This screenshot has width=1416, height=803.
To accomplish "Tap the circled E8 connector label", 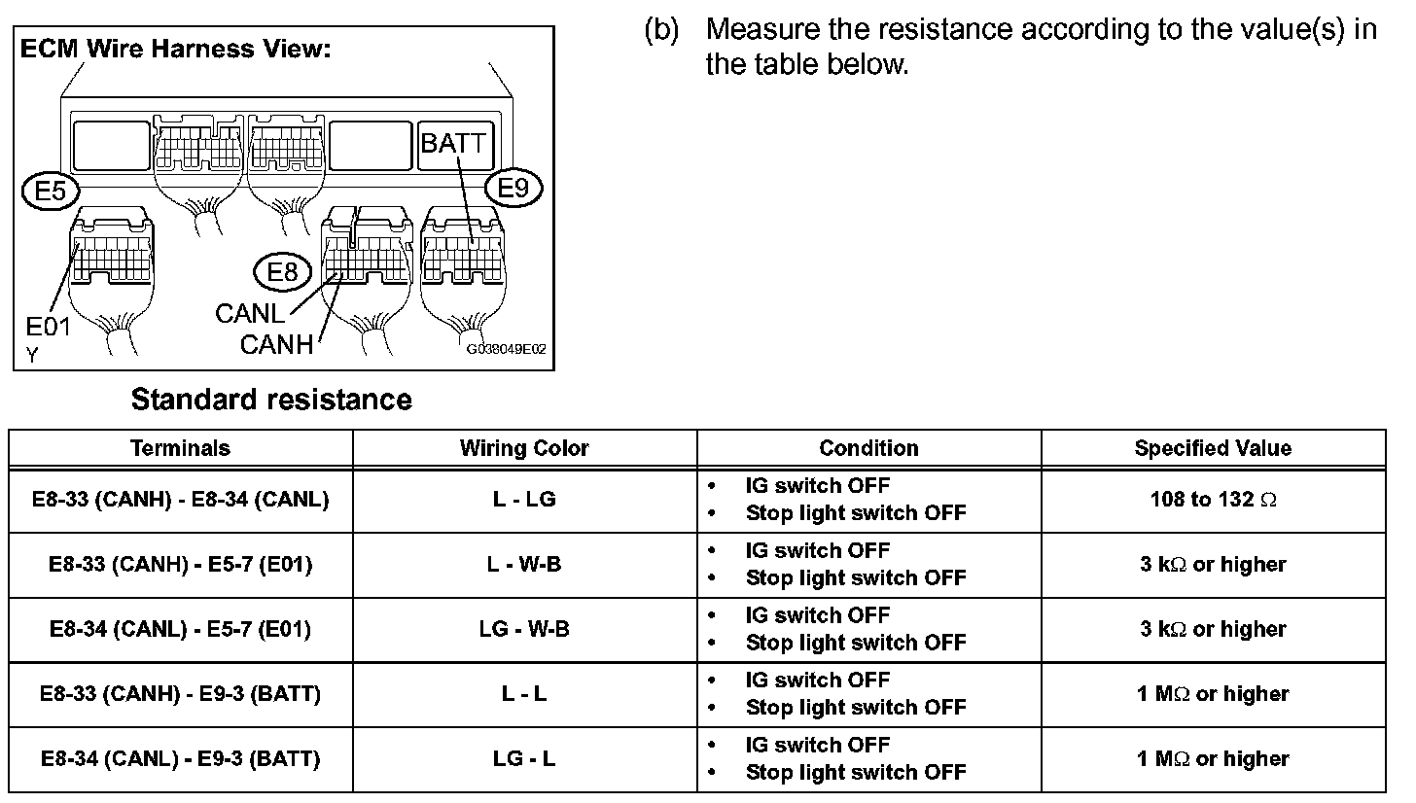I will pyautogui.click(x=282, y=272).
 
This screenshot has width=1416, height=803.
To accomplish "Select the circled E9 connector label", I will pyautogui.click(x=513, y=188).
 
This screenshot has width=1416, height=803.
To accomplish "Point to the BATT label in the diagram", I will pyautogui.click(x=453, y=144).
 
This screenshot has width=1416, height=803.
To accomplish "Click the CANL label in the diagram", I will pyautogui.click(x=250, y=314).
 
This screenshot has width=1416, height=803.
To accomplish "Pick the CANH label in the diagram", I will pyautogui.click(x=277, y=344).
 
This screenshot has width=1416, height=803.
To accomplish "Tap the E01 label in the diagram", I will pyautogui.click(x=48, y=327).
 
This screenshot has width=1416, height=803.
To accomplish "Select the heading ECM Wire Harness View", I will pyautogui.click(x=175, y=50).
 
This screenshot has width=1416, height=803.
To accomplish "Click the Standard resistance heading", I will pyautogui.click(x=271, y=400).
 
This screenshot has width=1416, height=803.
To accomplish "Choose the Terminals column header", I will pyautogui.click(x=181, y=448).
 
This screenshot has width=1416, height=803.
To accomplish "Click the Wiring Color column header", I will pyautogui.click(x=524, y=448).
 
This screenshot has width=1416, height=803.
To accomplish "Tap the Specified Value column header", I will pyautogui.click(x=1213, y=448).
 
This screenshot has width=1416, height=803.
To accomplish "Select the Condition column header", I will pyautogui.click(x=868, y=448).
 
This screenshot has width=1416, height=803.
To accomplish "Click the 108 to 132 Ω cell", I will pyautogui.click(x=1213, y=500).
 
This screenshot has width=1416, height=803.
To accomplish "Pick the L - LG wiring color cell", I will pyautogui.click(x=524, y=500).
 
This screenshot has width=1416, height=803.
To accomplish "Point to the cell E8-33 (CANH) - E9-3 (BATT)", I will pyautogui.click(x=181, y=694).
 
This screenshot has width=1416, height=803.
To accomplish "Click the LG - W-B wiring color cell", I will pyautogui.click(x=524, y=629).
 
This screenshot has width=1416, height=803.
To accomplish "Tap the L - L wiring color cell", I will pyautogui.click(x=524, y=694).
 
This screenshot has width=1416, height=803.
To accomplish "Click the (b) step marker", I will pyautogui.click(x=660, y=29).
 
